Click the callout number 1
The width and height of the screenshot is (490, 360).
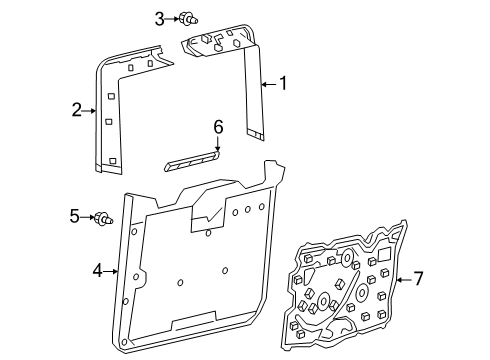pos(283,83)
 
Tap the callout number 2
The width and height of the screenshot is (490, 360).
pos(77,110)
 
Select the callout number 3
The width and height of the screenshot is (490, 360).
pos(160,19)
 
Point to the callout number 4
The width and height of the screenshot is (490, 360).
pos(98,271)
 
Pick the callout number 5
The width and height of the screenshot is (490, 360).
pos(75,217)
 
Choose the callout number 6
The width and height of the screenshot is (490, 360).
pos(218,128)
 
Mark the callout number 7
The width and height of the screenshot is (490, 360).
pos(418,278)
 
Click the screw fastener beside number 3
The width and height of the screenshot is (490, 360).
pos(188,18)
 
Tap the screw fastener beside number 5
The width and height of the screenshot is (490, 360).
pos(104,218)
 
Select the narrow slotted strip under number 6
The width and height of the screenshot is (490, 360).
pos(192,160)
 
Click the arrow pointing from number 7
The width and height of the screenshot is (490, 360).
pos(404,279)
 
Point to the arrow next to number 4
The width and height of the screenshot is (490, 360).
pos(110,272)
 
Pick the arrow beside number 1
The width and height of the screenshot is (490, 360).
pos(269,84)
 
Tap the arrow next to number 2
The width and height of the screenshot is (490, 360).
pos(89,111)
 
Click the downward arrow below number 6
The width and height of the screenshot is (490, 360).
pos(218,143)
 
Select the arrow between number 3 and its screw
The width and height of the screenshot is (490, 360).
pos(172,19)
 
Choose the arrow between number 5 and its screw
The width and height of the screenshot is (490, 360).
pos(88,217)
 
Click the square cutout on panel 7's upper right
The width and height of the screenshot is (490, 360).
pos(384,254)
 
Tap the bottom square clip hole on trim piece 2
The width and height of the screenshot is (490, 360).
pos(113,161)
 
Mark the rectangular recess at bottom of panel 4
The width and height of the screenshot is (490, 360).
pos(194,321)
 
